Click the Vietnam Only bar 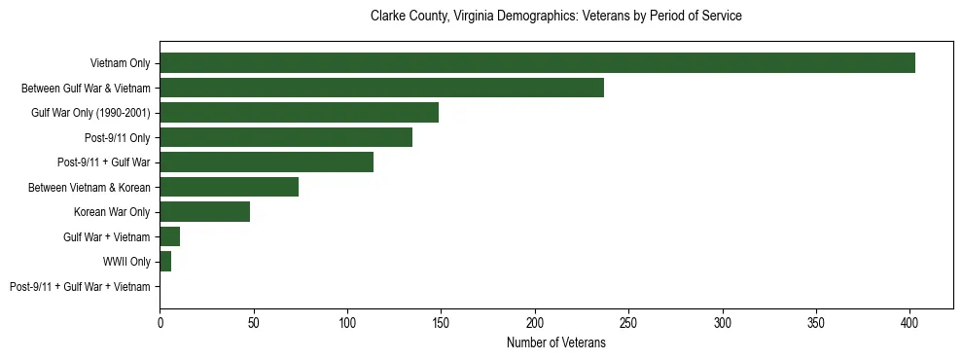click(x=537, y=63)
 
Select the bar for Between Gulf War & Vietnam click(x=381, y=88)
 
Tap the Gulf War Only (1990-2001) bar click(x=299, y=113)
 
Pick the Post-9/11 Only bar click(x=286, y=137)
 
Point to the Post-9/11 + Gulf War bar click(x=267, y=162)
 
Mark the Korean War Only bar click(x=204, y=212)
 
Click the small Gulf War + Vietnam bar click(x=169, y=236)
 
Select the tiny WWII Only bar click(x=165, y=262)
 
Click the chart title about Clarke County click(x=556, y=17)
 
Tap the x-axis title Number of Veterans click(x=556, y=342)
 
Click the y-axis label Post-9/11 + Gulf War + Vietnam click(x=80, y=287)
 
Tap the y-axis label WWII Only click(x=126, y=262)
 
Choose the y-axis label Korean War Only click(x=112, y=212)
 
